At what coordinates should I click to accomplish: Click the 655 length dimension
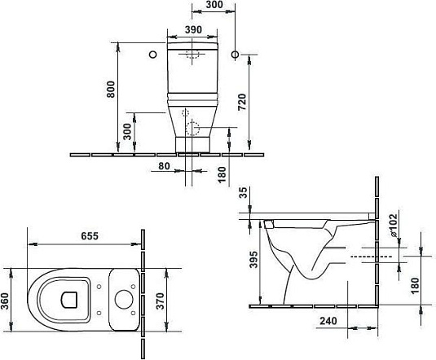coord(90,235)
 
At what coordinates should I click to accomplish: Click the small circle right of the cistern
coord(236,55)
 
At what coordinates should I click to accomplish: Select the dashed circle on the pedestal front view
coord(192,129)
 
